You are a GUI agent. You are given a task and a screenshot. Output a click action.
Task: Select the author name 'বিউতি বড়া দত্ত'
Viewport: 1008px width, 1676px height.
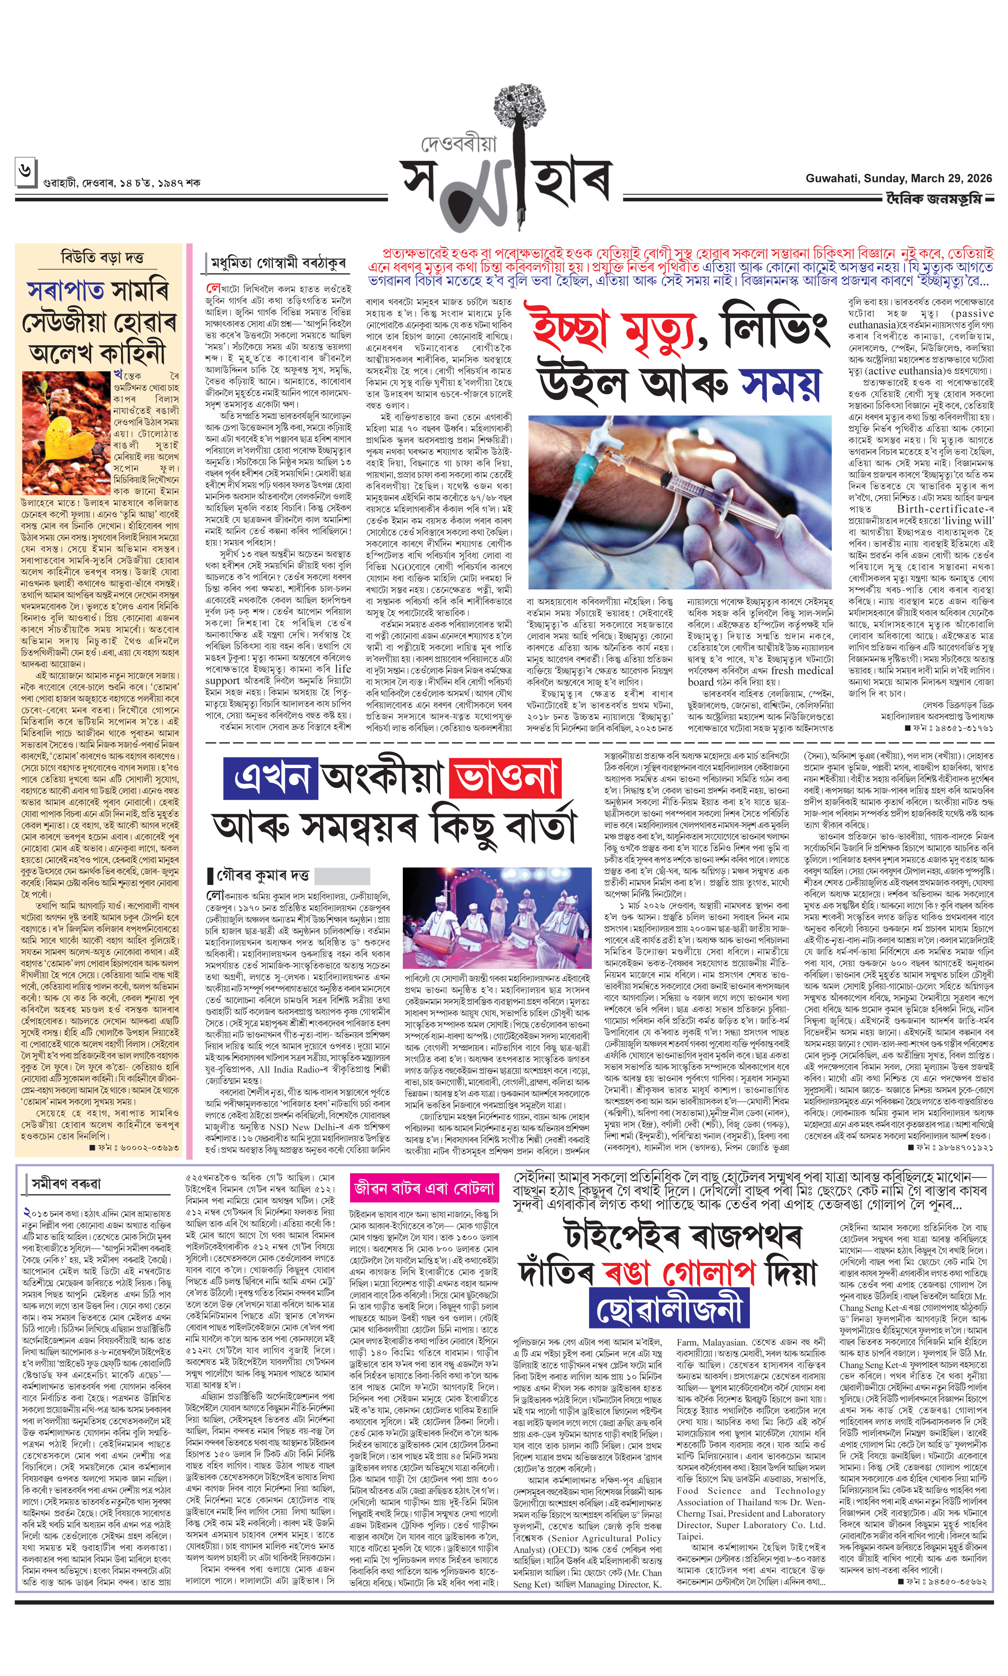tap(102, 258)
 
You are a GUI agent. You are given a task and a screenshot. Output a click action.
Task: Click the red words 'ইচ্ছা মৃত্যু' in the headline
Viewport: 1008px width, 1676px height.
tap(614, 329)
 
